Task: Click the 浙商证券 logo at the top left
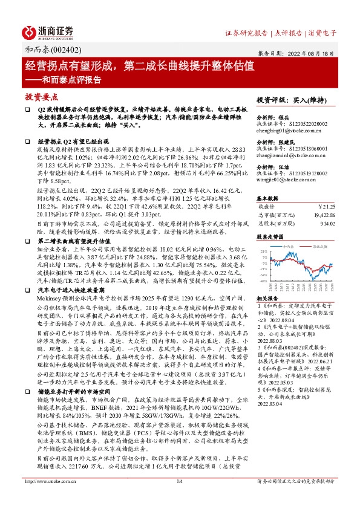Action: click(48, 31)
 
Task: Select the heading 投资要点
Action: click(41, 97)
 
